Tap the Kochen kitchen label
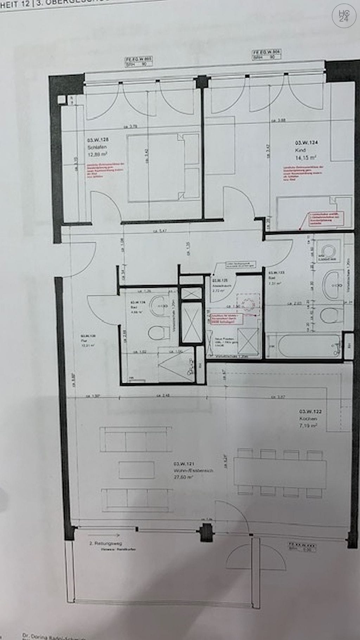(x=308, y=419)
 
